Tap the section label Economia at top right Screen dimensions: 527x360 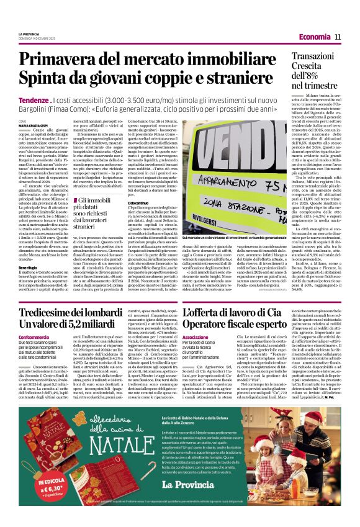[313, 37]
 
